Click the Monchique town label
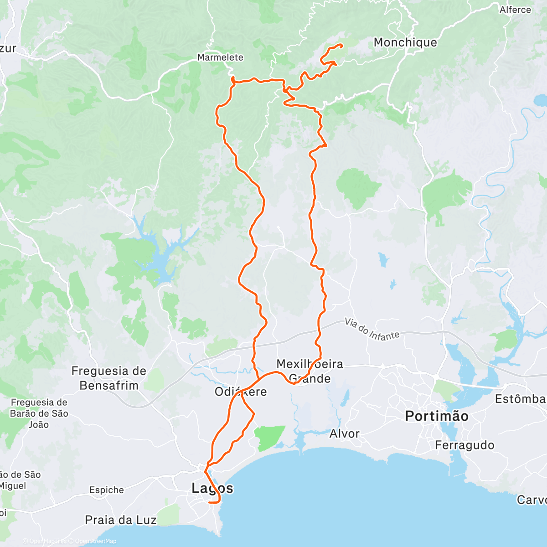point(405,42)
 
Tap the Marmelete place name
point(220,57)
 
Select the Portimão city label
point(436,416)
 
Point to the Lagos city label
point(212,488)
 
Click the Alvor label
point(344,433)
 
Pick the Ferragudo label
point(464,445)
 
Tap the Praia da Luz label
point(121,520)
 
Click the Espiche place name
point(107,490)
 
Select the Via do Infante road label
point(372,329)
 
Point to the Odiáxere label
point(241,392)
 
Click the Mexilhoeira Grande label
point(310,371)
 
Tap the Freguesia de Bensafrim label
point(109,378)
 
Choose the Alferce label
point(515,10)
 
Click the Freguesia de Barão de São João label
point(39,413)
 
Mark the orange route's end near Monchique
point(341,45)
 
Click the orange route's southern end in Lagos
point(209,502)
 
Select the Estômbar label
point(520,399)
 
